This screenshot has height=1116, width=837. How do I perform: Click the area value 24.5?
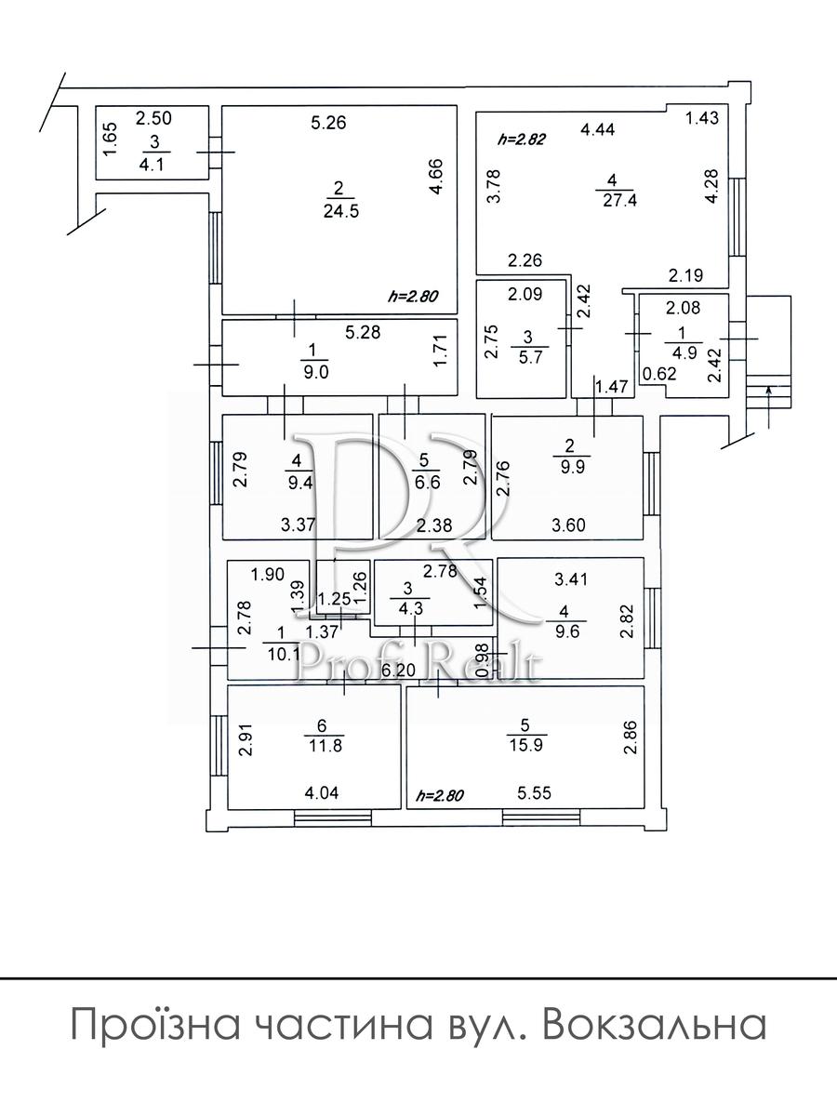point(341,211)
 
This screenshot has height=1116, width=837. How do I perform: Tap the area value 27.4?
point(619,200)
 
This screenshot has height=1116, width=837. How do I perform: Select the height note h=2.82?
point(522,139)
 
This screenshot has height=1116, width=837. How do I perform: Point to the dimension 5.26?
point(328,123)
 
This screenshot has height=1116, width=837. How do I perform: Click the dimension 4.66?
point(436,177)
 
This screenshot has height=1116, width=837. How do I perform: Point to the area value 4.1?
point(152,166)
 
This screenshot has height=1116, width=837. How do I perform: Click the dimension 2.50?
point(153,118)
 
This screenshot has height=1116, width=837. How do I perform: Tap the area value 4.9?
point(684,353)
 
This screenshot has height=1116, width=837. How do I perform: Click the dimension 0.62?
point(659,374)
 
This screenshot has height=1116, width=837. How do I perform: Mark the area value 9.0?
point(316,372)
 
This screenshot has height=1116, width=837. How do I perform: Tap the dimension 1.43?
point(702,118)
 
